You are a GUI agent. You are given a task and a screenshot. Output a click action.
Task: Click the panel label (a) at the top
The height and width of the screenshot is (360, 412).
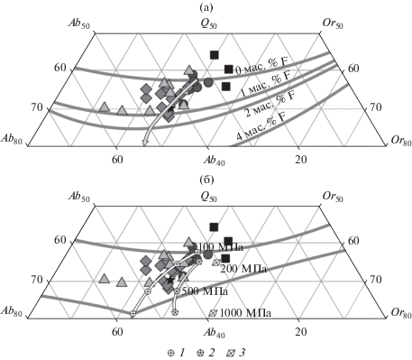(206, 8)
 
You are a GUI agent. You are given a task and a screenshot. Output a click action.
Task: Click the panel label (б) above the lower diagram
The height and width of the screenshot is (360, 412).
(206, 180)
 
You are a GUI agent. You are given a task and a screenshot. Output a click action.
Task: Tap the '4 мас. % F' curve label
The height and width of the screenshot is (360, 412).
(261, 126)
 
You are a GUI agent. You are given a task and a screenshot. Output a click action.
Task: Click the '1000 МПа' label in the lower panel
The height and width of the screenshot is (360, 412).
(245, 313)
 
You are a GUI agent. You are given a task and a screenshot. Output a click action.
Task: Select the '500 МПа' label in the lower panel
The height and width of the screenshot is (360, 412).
(205, 291)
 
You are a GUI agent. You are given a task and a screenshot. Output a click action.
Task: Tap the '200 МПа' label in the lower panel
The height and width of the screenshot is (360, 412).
(243, 269)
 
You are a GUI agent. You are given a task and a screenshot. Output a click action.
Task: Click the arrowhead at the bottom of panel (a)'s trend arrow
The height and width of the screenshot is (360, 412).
(145, 143)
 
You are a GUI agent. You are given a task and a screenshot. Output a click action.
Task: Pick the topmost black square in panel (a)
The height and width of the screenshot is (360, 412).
(215, 55)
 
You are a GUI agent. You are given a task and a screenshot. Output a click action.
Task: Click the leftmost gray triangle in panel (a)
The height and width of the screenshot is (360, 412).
(105, 106)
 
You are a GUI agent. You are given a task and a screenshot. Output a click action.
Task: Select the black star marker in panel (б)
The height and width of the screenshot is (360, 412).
(170, 280)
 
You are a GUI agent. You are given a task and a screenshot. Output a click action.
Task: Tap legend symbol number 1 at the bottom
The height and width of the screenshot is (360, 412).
(170, 353)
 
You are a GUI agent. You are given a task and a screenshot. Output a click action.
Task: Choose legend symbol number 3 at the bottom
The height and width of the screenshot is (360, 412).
(231, 353)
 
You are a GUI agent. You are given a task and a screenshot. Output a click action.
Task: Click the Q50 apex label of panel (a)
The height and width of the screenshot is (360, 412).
(208, 24)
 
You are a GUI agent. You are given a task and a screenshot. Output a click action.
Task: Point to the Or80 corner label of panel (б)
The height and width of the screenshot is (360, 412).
(401, 313)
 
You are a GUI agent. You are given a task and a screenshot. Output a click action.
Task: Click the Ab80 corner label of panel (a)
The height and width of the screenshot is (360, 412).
(12, 139)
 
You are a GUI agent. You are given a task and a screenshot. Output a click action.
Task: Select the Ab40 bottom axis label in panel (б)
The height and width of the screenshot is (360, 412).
(214, 332)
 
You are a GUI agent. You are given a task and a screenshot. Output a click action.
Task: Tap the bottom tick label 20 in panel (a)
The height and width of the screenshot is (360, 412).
(301, 160)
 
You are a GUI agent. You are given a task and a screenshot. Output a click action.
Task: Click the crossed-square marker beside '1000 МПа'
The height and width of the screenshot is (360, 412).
(213, 313)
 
